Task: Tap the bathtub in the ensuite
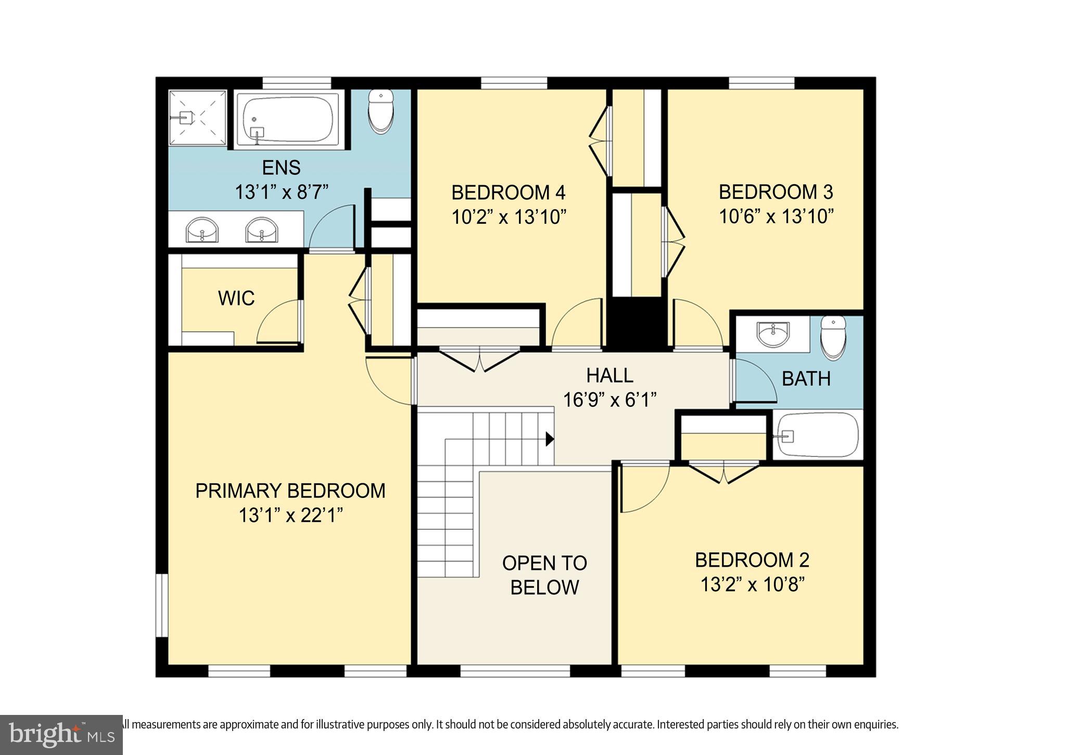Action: pos(288,120)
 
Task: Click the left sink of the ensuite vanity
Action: pos(202,229)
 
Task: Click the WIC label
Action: pos(236,299)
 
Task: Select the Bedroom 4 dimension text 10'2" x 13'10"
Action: pos(509,216)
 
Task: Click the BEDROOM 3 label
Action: pos(776,192)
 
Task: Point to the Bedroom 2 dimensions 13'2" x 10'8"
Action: pos(752,585)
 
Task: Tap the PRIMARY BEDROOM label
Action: pos(290,491)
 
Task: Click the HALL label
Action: pos(610,375)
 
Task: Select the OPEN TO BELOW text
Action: pos(544,575)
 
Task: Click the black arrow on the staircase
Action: pos(549,439)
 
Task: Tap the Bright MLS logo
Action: pos(61,734)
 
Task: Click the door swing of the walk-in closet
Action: pos(278,323)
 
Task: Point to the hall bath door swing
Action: pos(755,381)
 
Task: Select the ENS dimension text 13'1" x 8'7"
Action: pos(282,192)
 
